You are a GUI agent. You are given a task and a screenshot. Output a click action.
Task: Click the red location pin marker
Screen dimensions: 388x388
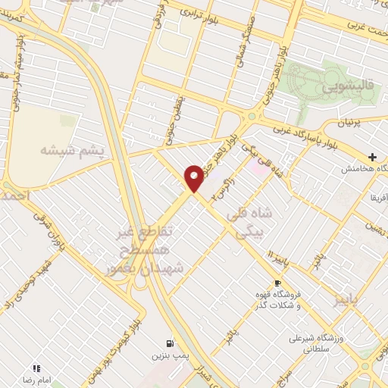(x=194, y=177)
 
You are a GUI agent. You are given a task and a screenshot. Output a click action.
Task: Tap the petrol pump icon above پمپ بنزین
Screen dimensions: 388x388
(x=168, y=343)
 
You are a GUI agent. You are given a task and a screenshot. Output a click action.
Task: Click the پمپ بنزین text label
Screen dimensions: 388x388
(x=168, y=355)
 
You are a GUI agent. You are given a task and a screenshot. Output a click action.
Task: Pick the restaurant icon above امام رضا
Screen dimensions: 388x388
(x=37, y=368)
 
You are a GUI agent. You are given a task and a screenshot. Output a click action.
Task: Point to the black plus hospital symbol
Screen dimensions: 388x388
(x=372, y=156)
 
